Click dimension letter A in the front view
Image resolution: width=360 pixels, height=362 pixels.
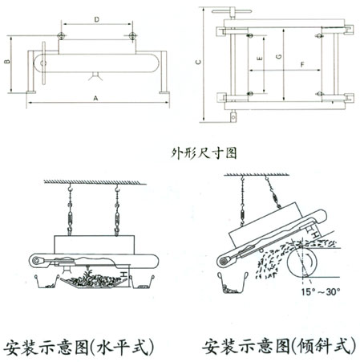(x=95, y=98)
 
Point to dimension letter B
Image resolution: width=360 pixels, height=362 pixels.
(x=8, y=60)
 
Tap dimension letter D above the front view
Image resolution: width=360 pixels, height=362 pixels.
(x=96, y=18)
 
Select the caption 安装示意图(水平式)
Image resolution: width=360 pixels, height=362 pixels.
(x=79, y=347)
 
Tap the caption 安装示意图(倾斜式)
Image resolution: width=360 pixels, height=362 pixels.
(x=276, y=347)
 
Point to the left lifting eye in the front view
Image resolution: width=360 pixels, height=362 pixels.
(x=61, y=37)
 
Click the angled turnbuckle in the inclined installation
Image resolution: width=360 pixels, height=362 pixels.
(x=273, y=197)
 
